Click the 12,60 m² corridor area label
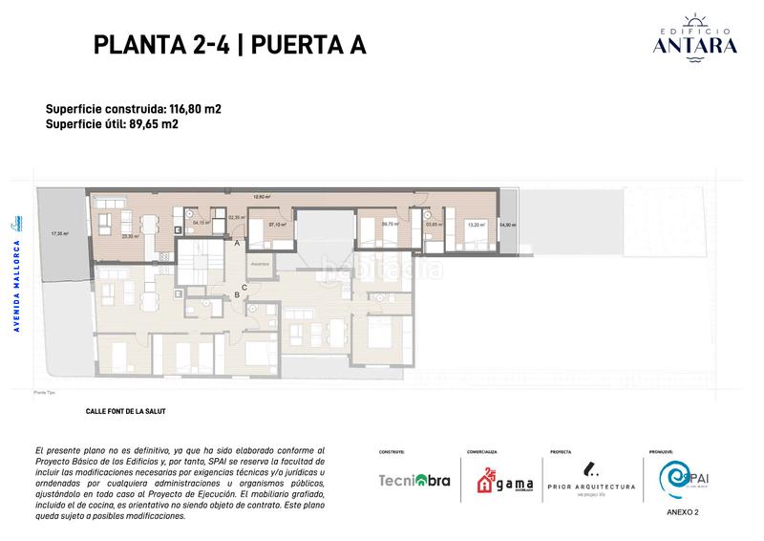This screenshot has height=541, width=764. click(261, 197)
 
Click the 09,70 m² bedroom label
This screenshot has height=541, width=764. click(390, 225)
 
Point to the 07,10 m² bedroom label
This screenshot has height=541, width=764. click(277, 226)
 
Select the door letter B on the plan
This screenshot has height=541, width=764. click(236, 294)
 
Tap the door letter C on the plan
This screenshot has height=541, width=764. click(244, 287)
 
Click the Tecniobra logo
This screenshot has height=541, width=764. click(414, 481)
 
